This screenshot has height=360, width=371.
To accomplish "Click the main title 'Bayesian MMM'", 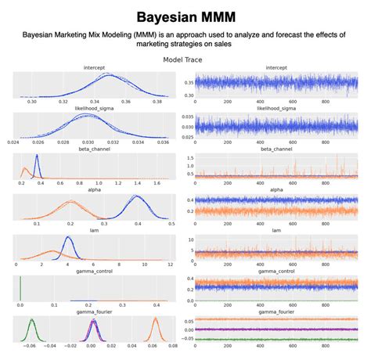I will point(185,16).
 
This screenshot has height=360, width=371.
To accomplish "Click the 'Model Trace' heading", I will point(185,59).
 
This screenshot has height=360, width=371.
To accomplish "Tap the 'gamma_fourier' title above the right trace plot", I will point(276,311).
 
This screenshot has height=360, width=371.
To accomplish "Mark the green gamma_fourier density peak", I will point(32,319).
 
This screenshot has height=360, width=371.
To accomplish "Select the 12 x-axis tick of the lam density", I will point(171,265).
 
